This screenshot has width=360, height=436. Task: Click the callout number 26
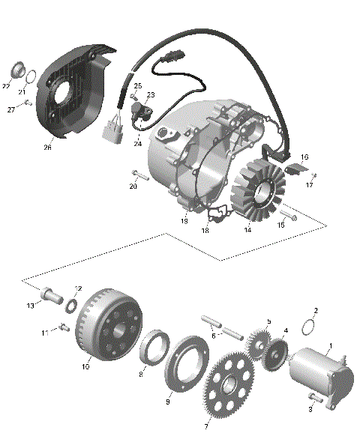47,147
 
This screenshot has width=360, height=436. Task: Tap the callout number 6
214,336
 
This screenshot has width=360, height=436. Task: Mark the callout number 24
138,143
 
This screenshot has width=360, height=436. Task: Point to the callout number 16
304,157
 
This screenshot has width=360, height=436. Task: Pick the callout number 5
268,321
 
